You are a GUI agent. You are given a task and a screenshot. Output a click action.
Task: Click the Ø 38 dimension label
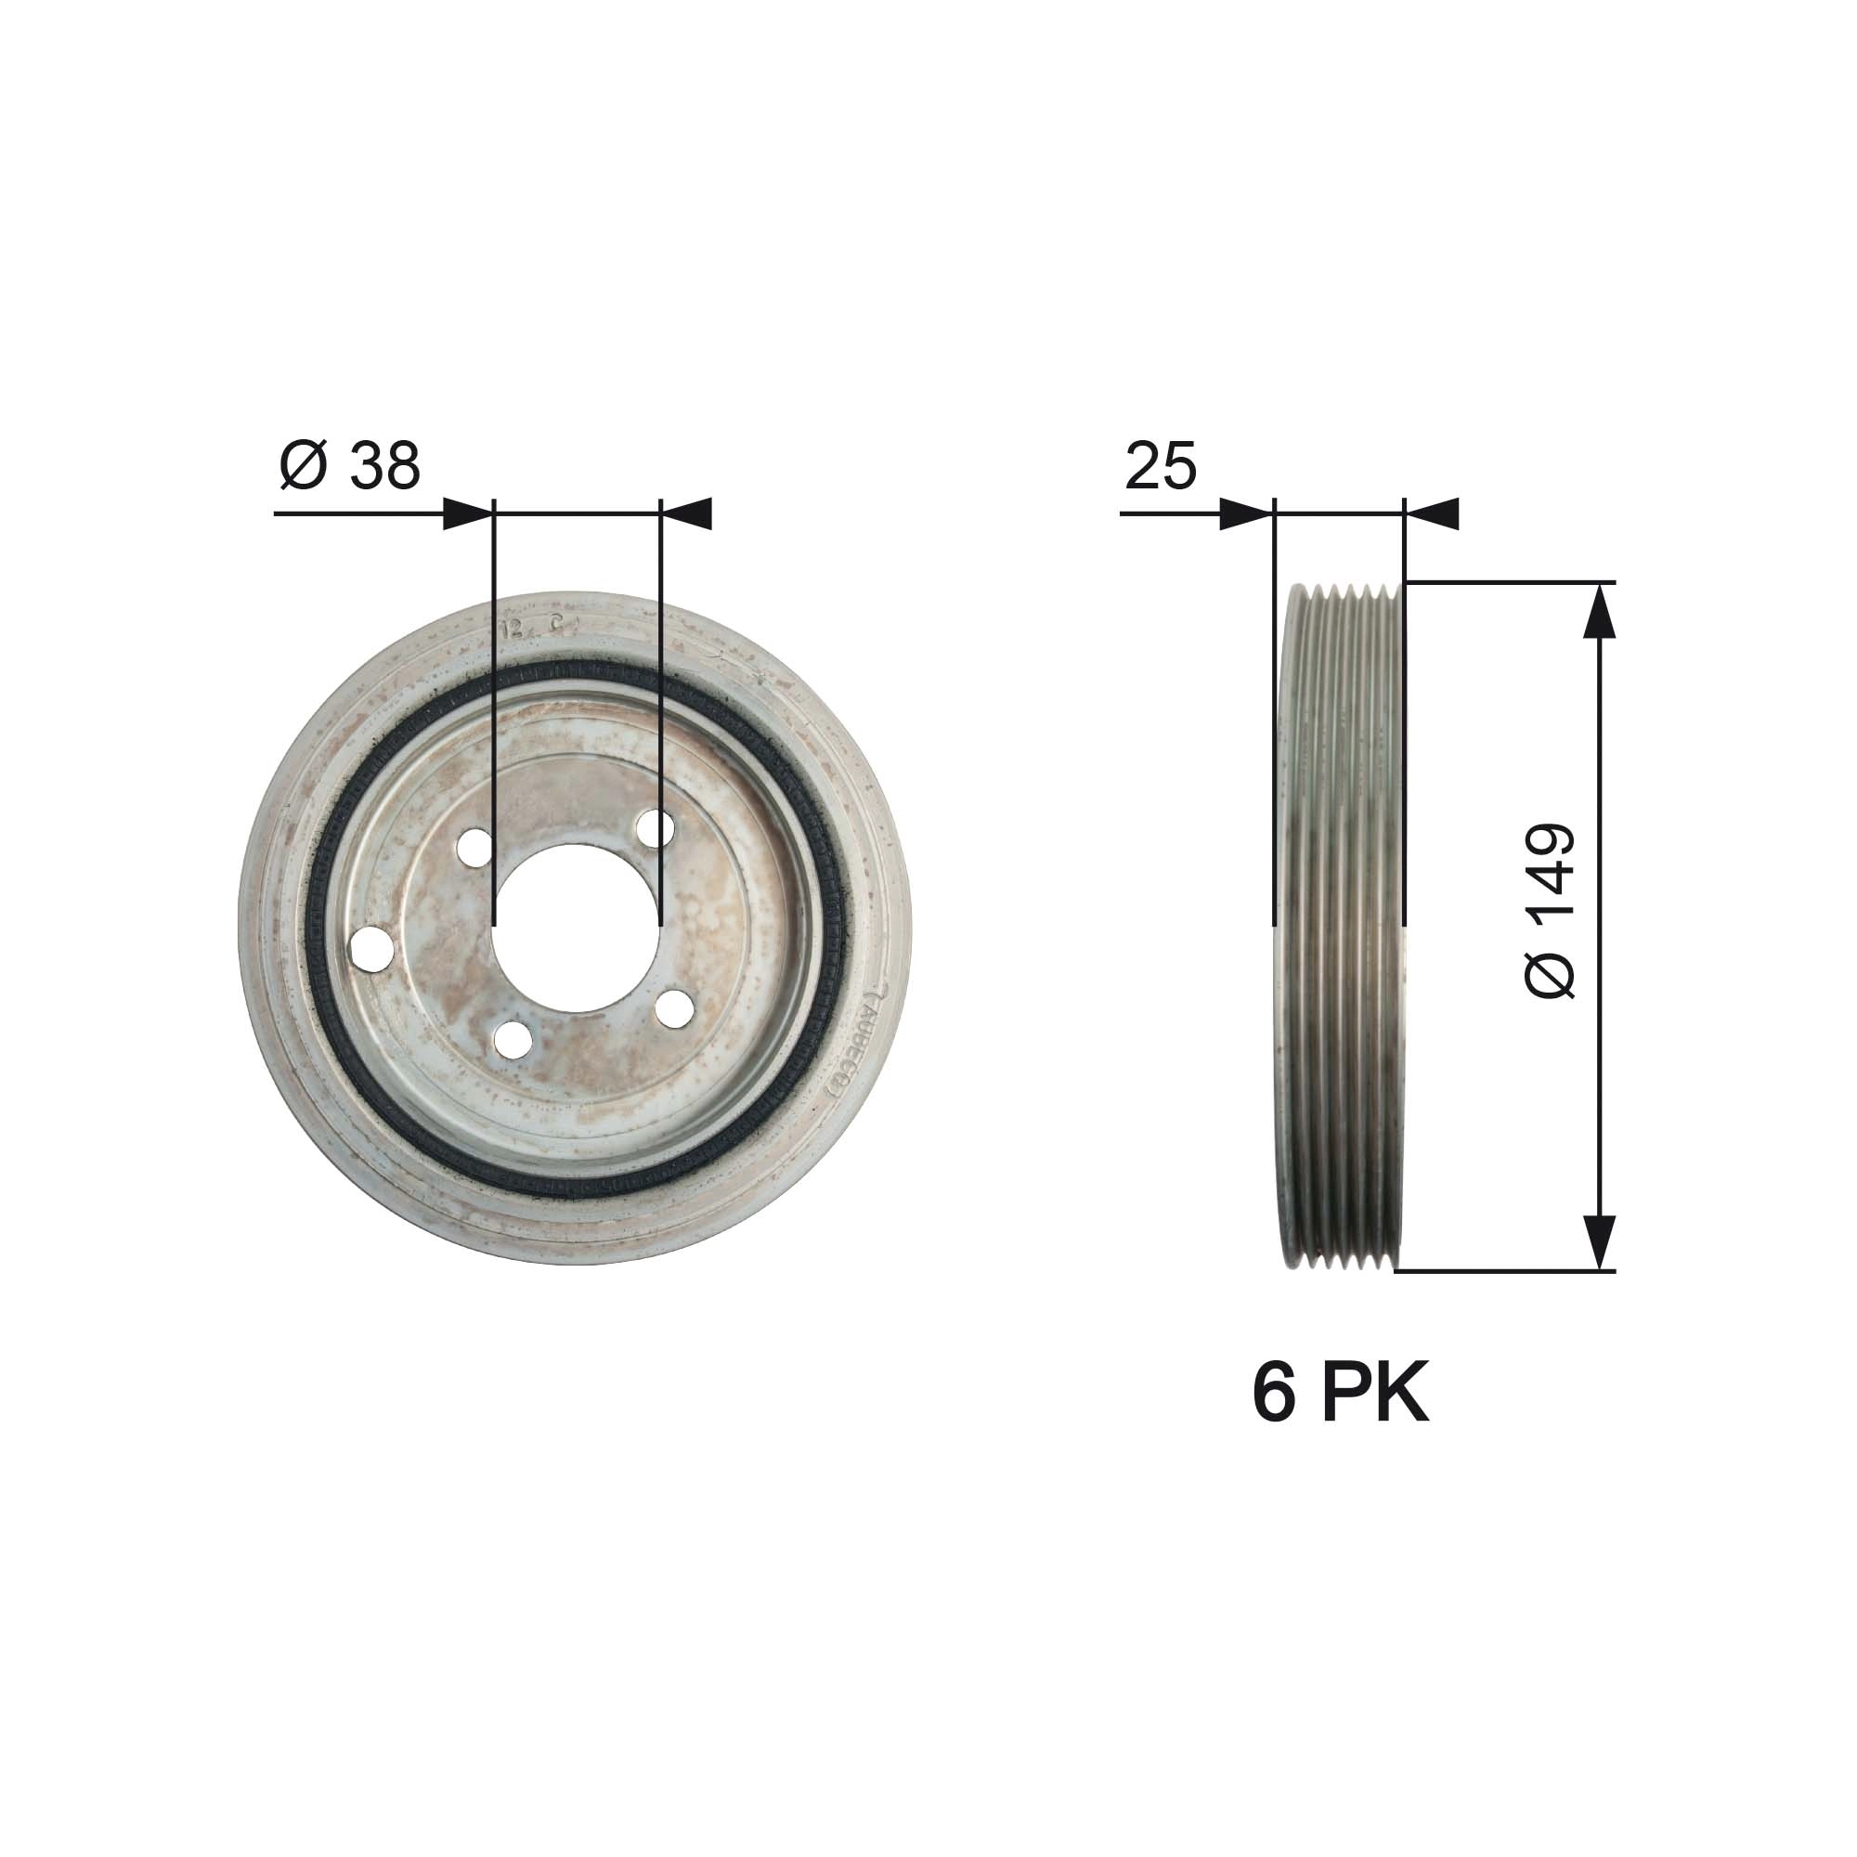click(350, 465)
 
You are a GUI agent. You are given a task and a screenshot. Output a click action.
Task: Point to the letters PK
click(1375, 1395)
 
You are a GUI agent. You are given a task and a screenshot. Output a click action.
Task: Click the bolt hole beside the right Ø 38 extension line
click(656, 828)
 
